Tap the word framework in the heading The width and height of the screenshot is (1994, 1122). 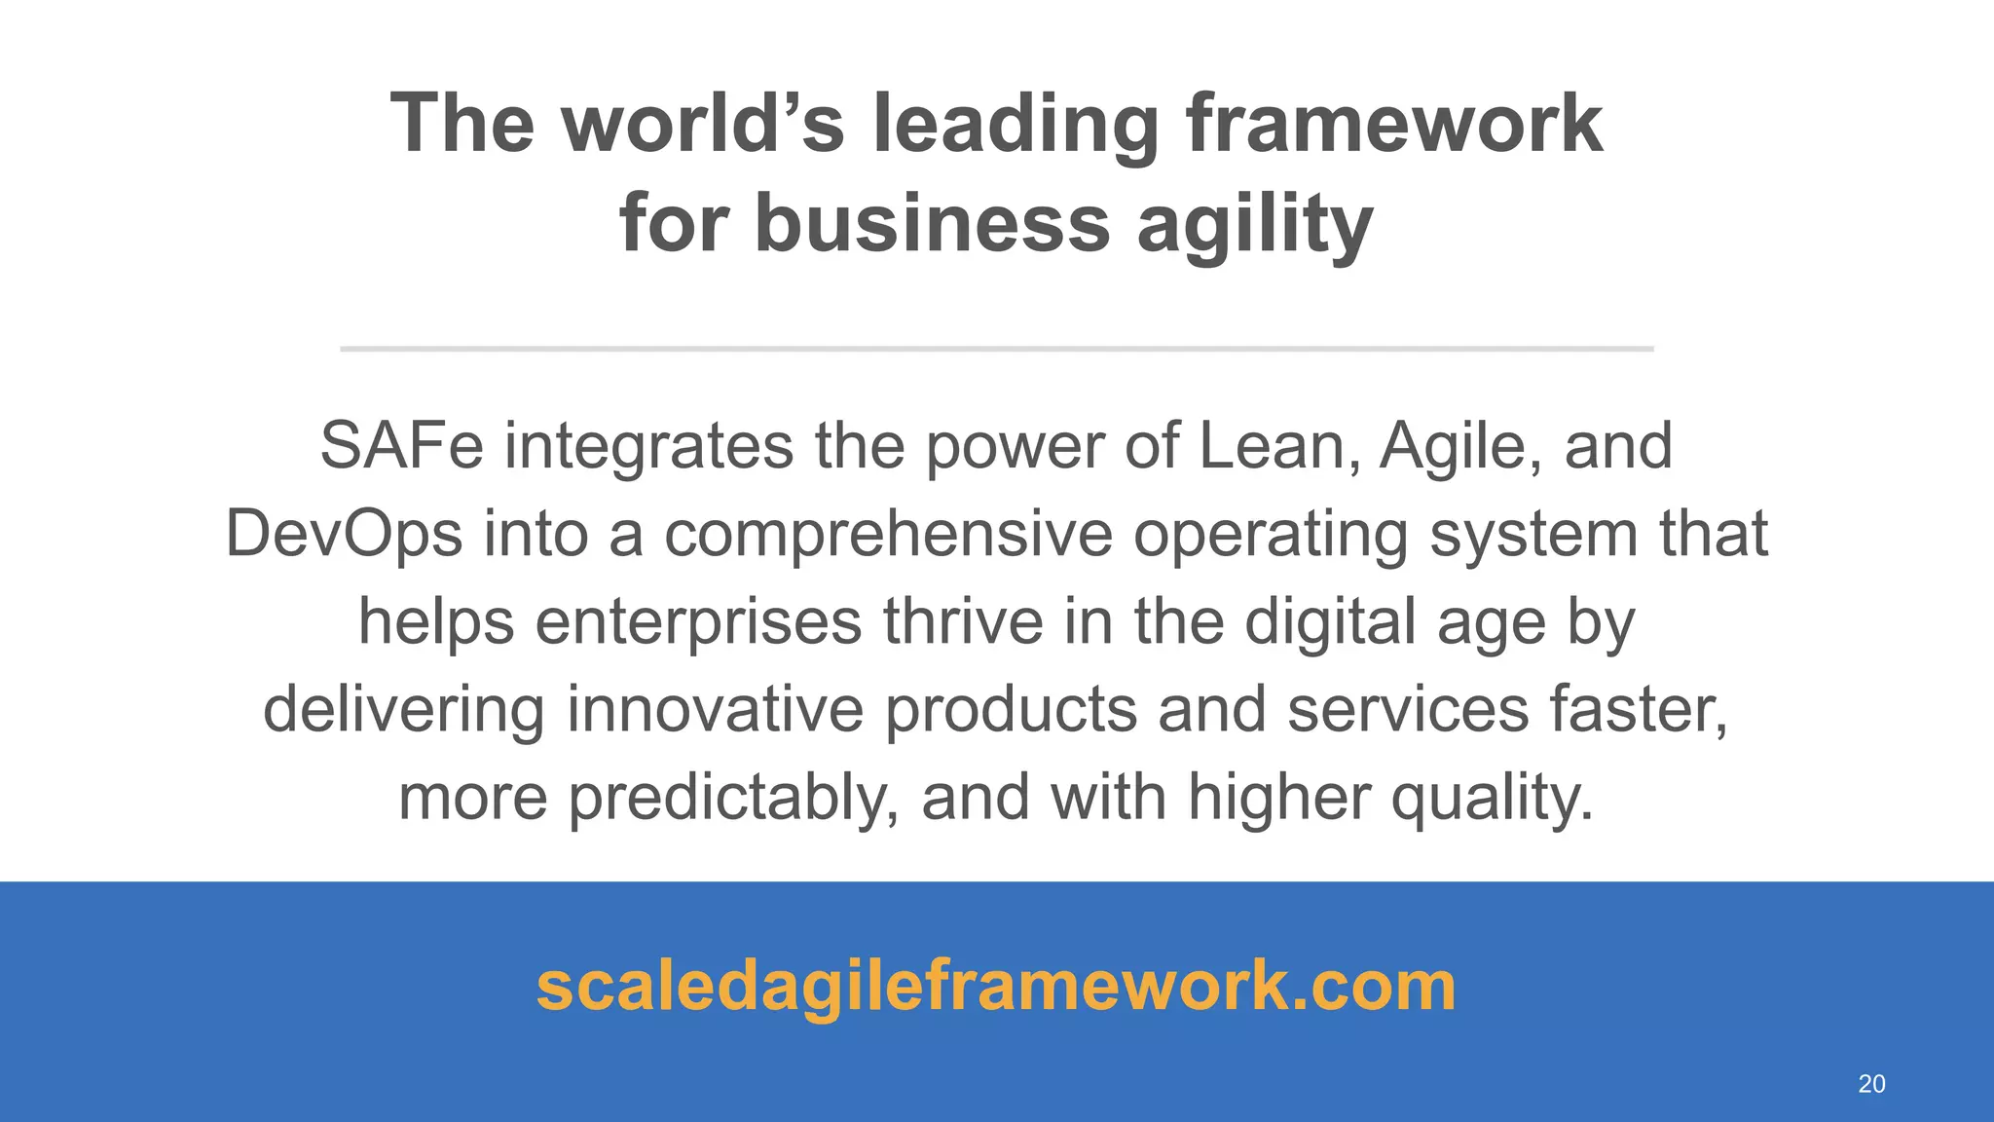(1393, 124)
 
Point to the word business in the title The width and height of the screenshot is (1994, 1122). (932, 223)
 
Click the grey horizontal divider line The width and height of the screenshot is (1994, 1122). (996, 348)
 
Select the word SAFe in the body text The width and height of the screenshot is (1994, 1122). (401, 446)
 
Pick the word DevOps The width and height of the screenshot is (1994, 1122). (344, 535)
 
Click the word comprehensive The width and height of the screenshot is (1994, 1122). (888, 535)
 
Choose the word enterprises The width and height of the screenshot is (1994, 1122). (698, 622)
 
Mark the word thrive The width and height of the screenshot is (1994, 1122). (963, 621)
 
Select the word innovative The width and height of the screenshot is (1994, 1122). (715, 709)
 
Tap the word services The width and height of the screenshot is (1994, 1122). (1408, 709)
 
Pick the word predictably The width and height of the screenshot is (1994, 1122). (733, 798)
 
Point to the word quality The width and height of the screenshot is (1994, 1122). (1492, 798)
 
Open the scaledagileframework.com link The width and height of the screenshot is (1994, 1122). (996, 986)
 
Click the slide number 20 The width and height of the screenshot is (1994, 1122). (1871, 1084)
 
